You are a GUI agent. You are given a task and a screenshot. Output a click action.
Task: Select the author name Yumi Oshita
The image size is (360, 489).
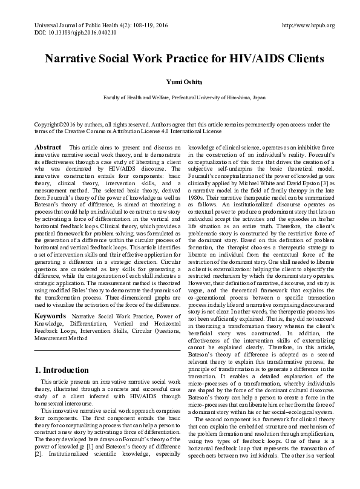pyautogui.click(x=180, y=82)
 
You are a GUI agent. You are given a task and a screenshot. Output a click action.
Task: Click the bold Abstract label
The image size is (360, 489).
pyautogui.click(x=48, y=147)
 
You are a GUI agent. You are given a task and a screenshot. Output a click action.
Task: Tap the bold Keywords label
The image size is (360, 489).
pyautogui.click(x=50, y=317)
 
